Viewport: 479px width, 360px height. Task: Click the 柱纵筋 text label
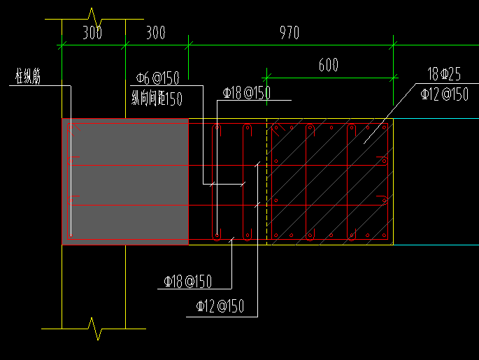point(28,76)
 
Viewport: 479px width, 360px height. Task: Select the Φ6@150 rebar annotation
point(157,78)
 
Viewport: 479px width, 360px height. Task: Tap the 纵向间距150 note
point(157,99)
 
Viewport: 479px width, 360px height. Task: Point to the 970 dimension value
point(289,33)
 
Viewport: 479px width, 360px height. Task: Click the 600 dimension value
point(329,65)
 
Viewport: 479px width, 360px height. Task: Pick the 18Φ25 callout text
point(444,74)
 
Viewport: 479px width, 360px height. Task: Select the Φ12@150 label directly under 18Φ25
point(445,94)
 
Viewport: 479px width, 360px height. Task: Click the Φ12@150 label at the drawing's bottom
point(220,306)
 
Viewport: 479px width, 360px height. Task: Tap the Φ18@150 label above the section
point(247,93)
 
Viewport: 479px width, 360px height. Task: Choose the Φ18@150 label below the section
point(187,282)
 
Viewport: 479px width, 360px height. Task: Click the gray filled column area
point(125,182)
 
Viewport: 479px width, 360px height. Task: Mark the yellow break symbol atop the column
point(94,19)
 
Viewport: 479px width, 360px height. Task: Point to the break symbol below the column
point(94,329)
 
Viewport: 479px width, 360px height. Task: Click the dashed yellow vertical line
point(267,182)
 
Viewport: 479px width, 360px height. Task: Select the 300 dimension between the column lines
point(92,33)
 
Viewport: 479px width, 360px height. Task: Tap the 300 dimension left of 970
point(156,33)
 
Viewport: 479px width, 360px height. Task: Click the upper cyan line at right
point(436,118)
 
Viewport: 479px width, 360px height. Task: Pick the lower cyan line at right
point(436,245)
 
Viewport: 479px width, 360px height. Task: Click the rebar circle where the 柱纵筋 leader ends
point(71,236)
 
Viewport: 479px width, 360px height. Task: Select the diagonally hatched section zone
point(330,182)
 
